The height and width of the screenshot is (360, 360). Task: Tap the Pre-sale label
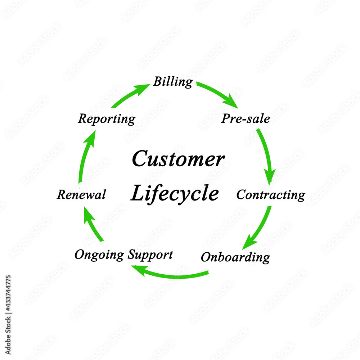[x=246, y=119]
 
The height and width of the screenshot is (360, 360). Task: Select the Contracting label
[x=270, y=195]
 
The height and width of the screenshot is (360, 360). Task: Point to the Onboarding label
[x=235, y=257]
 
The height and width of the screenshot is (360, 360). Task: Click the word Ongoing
[x=99, y=255]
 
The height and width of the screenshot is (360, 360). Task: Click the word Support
[x=150, y=255]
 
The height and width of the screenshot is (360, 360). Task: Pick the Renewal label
[x=81, y=195]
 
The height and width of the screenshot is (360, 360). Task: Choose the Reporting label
[x=107, y=119]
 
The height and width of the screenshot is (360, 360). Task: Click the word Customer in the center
[x=178, y=159]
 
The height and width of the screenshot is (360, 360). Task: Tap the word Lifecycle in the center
[x=175, y=194]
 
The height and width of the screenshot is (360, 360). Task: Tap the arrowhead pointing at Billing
[x=143, y=88]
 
